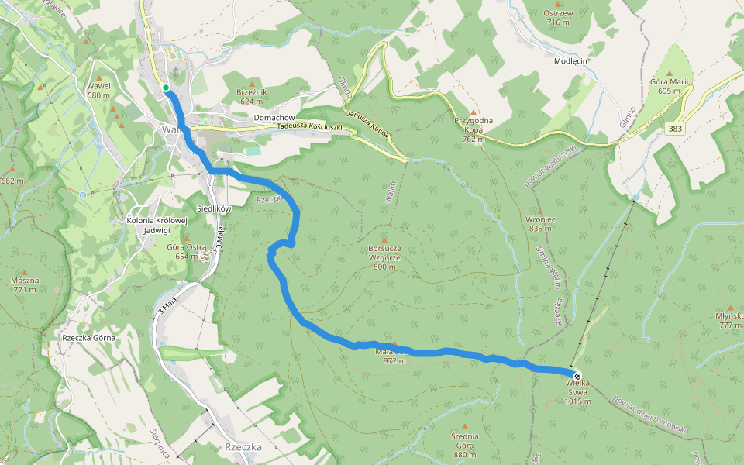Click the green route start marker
point(166,88)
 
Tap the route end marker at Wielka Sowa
point(577,377)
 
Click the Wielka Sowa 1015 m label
point(578,396)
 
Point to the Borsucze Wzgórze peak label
point(384,257)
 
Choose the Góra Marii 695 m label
point(670,86)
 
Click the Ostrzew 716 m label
point(558,17)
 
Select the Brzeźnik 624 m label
point(253,96)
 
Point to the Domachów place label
point(275,118)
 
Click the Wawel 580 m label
point(98,90)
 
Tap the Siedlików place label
point(216,208)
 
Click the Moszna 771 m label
point(24,284)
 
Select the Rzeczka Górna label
point(89,339)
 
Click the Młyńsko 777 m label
point(730,320)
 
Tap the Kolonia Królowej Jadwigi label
point(157,225)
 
